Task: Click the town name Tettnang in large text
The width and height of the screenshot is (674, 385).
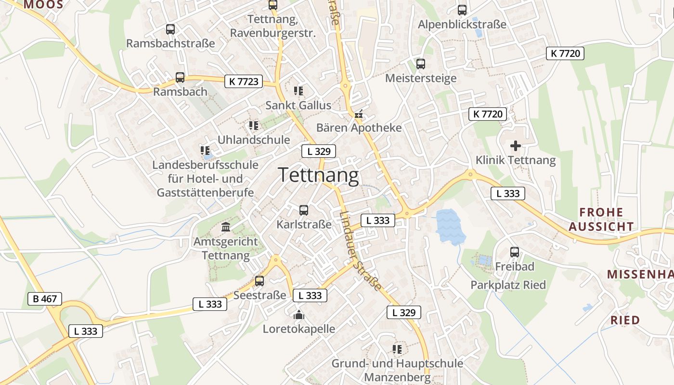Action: pyautogui.click(x=319, y=175)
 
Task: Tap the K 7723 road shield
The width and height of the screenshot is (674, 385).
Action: pyautogui.click(x=244, y=81)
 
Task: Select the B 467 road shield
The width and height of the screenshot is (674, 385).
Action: pyautogui.click(x=45, y=299)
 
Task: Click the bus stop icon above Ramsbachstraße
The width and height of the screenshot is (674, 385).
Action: pyautogui.click(x=170, y=29)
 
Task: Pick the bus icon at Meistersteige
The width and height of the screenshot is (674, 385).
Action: pyautogui.click(x=421, y=64)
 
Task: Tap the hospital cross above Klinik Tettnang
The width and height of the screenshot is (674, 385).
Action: pyautogui.click(x=516, y=145)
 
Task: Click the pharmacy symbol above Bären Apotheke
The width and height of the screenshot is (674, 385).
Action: pyautogui.click(x=359, y=115)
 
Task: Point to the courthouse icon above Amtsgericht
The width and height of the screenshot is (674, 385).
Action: pyautogui.click(x=226, y=227)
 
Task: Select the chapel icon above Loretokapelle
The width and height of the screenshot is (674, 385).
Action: pyautogui.click(x=298, y=315)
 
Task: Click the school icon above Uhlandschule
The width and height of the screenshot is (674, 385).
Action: pyautogui.click(x=254, y=126)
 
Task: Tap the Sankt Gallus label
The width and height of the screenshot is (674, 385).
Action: pyautogui.click(x=298, y=105)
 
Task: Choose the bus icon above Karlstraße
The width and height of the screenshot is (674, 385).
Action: pyautogui.click(x=304, y=210)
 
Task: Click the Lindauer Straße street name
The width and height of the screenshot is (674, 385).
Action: pyautogui.click(x=360, y=251)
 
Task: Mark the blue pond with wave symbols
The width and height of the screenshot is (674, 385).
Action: pyautogui.click(x=450, y=226)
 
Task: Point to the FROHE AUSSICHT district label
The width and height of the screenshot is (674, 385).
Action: pyautogui.click(x=601, y=219)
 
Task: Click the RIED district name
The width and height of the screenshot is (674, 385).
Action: pyautogui.click(x=625, y=320)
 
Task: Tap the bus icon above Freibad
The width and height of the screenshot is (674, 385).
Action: pyautogui.click(x=515, y=252)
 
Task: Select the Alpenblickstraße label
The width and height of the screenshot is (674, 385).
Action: pyautogui.click(x=462, y=24)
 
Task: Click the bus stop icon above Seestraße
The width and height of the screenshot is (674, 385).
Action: pyautogui.click(x=259, y=281)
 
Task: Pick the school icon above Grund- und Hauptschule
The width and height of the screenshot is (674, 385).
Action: pyautogui.click(x=397, y=349)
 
